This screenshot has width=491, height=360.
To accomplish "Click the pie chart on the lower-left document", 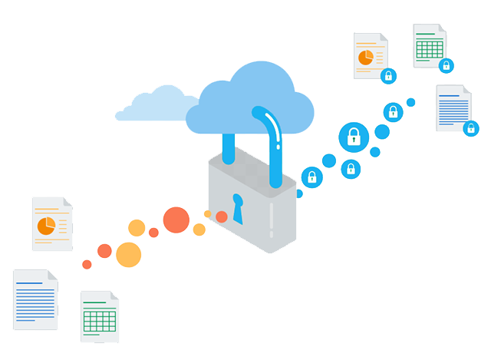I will pos(46,225).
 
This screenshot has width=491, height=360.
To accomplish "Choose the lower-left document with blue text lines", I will pos(35,299).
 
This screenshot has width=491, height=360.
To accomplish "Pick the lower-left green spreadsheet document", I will pos(100,316).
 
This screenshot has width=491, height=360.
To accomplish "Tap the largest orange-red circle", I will pos(176,220).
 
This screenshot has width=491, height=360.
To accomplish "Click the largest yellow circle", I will pos(128,254).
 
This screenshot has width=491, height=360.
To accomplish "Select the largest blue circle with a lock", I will pos(354,137).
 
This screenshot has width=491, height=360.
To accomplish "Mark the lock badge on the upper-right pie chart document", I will pos(388,75).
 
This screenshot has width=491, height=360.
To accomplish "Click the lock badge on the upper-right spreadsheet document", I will pos(446,65).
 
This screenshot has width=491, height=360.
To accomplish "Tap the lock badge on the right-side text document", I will pos(471,128).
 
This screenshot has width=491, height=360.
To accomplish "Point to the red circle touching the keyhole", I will pos(222,216).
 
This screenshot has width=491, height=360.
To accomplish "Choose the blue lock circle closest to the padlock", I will pos(311,177).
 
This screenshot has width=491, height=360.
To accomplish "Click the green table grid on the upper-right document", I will pos(429,46).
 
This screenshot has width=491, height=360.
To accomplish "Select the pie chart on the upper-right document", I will pos(366,58).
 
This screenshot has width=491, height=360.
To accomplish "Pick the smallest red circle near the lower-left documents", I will pos(87,264).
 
